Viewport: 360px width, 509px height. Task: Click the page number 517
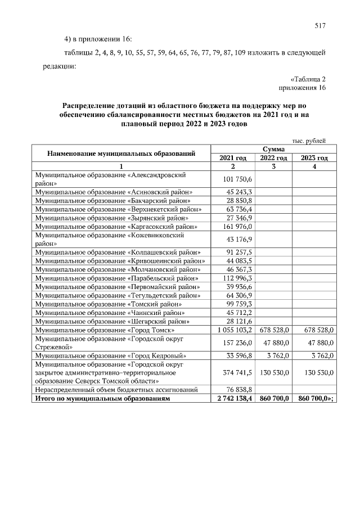(321, 25)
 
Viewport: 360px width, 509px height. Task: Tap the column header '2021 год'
(233, 158)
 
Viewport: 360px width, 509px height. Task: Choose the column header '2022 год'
(274, 158)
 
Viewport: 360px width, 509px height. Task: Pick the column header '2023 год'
(314, 158)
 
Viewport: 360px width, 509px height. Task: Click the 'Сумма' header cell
(273, 150)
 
